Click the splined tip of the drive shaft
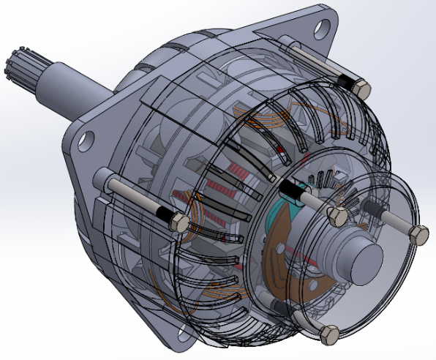coord(20,64)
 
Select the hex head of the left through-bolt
coord(178,222)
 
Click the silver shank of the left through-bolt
coord(132,195)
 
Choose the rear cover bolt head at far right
coord(418,234)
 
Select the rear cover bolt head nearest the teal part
coord(337,216)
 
